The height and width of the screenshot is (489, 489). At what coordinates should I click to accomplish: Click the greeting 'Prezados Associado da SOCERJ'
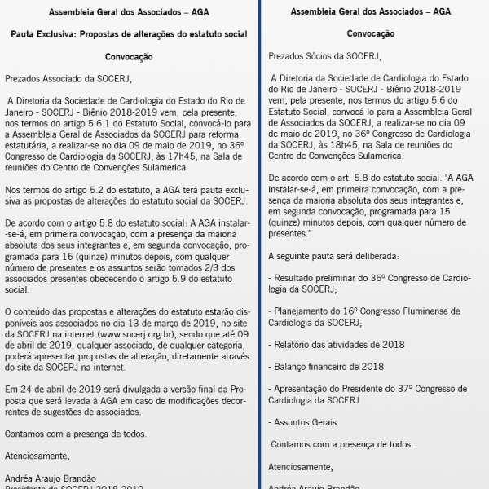[68, 79]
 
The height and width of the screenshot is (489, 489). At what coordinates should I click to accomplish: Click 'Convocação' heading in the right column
[370, 35]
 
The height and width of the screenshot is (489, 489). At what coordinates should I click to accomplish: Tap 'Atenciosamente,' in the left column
[37, 456]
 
